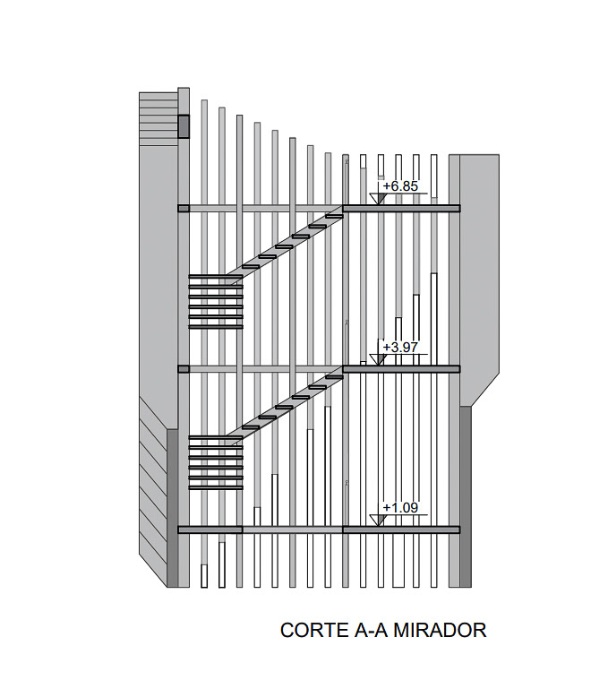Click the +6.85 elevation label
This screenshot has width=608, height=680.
click(400, 186)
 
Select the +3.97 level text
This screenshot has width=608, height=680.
click(400, 347)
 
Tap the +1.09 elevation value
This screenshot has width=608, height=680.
click(400, 508)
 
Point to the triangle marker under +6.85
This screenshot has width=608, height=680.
click(378, 198)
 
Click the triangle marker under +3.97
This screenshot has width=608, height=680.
click(378, 359)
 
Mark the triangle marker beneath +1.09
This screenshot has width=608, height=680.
click(378, 521)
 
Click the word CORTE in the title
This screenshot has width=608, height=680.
click(310, 630)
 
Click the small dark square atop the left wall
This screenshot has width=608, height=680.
click(184, 126)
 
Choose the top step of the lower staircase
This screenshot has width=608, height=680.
click(334, 377)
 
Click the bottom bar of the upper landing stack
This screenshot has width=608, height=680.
click(216, 327)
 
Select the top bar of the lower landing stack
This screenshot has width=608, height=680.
click(216, 438)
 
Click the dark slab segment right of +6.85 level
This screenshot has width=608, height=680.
click(401, 209)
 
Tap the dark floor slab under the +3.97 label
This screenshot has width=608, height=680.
click(401, 369)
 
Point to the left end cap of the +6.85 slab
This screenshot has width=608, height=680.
click(184, 209)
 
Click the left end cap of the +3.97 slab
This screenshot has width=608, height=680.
click(184, 369)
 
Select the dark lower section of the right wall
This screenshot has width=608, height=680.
click(465, 497)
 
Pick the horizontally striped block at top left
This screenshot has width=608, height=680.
click(158, 118)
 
